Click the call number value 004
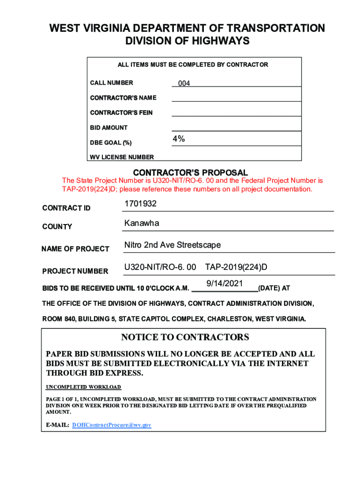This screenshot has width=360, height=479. click(184, 83)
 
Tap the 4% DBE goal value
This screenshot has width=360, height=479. click(179, 139)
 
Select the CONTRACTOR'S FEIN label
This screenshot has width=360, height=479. click(121, 113)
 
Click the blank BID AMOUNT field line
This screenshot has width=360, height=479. click(236, 126)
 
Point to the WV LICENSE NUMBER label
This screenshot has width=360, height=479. click(122, 157)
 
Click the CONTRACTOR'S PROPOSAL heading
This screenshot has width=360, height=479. click(190, 173)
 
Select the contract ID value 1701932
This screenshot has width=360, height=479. click(140, 204)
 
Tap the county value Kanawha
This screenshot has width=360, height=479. click(142, 223)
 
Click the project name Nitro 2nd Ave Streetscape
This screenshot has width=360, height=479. click(173, 245)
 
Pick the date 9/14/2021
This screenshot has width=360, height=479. click(225, 283)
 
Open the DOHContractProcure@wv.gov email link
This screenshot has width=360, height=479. click(112, 425)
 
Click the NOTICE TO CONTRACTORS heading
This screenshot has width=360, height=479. click(185, 337)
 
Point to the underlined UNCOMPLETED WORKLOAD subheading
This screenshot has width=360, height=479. click(83, 387)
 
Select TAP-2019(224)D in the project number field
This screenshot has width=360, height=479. click(236, 268)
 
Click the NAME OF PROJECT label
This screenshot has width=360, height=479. click(75, 249)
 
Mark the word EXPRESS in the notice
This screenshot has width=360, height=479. click(122, 373)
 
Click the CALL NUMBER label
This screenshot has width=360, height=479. click(111, 83)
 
